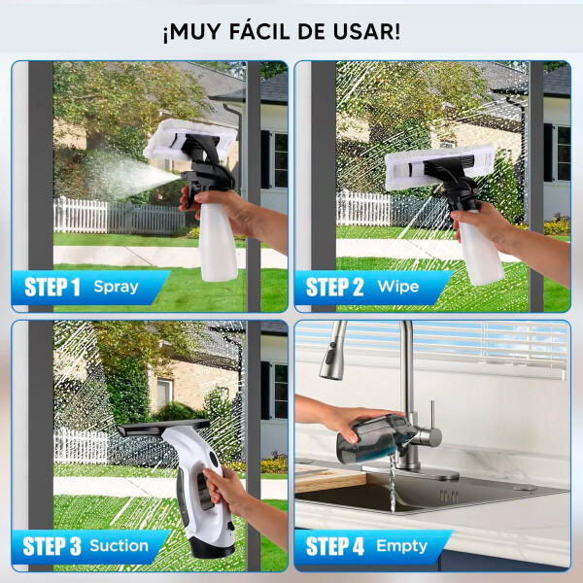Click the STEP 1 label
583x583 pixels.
pos(51,288)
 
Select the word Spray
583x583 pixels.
pos(116,288)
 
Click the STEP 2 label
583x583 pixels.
pos(334,288)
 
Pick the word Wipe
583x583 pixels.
pos(397,288)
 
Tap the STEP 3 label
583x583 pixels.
pos(51,546)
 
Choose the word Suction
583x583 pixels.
pos(120,546)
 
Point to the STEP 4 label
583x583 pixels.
pos(334,546)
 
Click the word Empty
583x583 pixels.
pos(401,546)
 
